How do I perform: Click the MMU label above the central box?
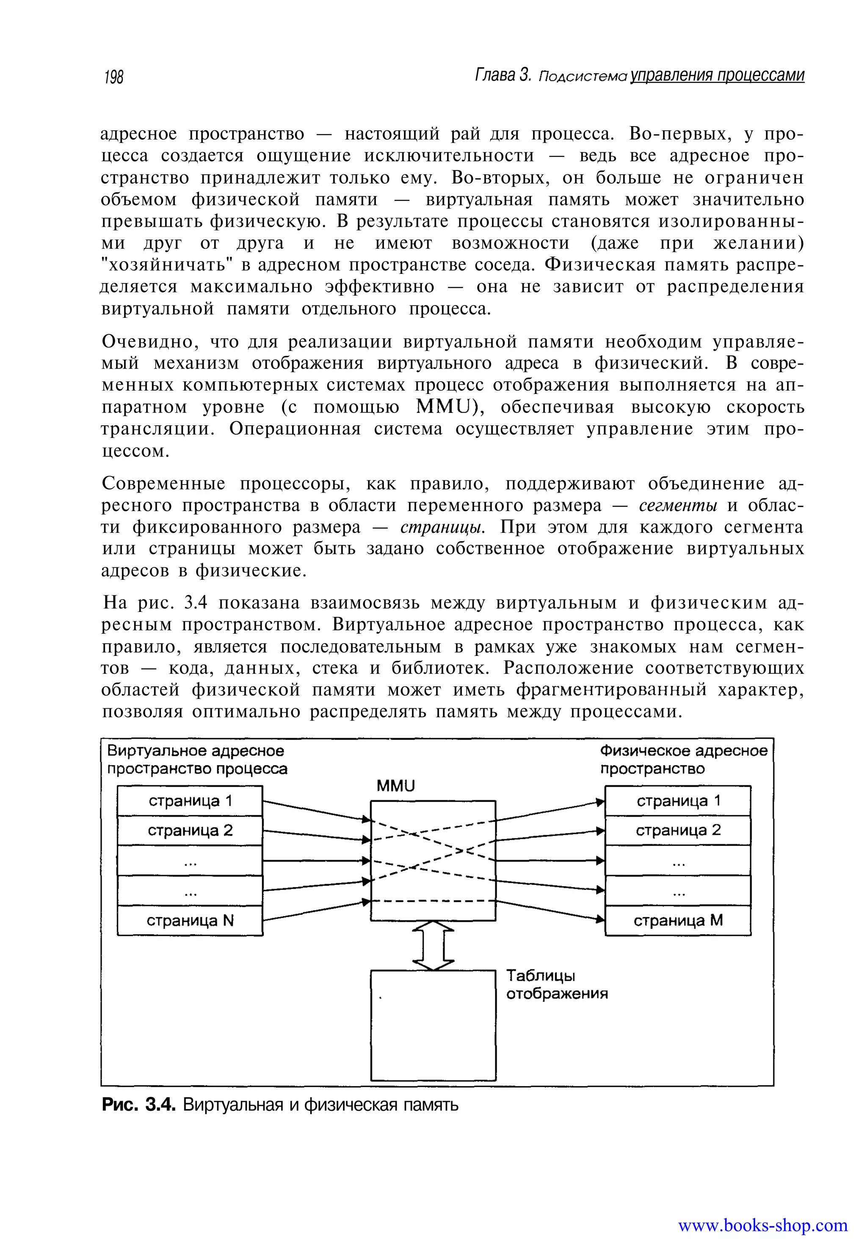point(395,786)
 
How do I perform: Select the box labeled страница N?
point(190,920)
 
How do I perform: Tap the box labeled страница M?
point(678,920)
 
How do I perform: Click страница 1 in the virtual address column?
point(190,801)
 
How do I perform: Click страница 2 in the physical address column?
point(678,830)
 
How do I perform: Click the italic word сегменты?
point(678,506)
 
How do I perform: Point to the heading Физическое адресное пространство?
point(683,760)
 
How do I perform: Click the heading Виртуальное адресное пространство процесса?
point(197,760)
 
